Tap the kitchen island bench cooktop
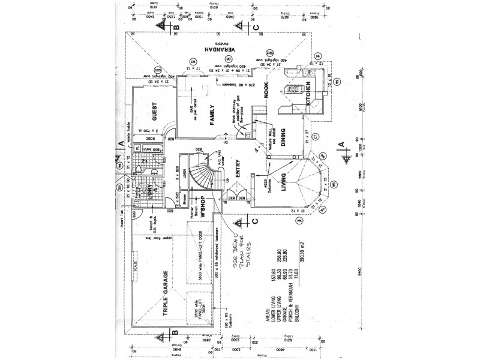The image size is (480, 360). coord(294,92)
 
